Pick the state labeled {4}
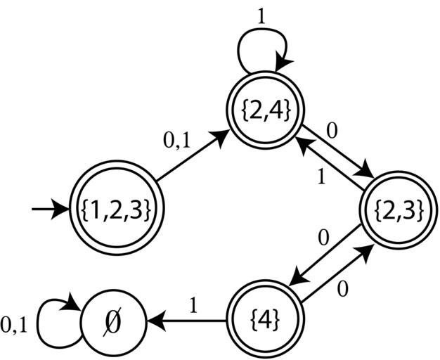tap(266, 321)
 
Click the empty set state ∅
tap(113, 323)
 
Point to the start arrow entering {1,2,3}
tap(49, 209)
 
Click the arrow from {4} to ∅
tap(186, 321)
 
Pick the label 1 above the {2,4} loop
tap(261, 15)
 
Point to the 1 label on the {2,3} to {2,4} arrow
tap(322, 176)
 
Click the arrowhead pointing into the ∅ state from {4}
tap(155, 321)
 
